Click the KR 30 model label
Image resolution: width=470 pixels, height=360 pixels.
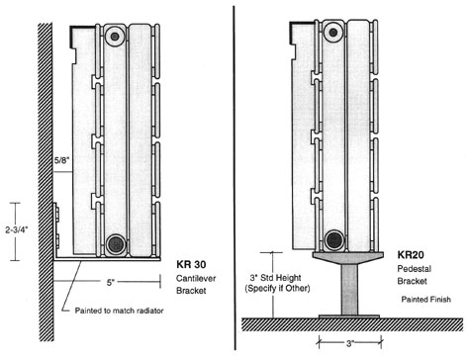click(191, 264)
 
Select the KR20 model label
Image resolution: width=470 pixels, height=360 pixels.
click(411, 255)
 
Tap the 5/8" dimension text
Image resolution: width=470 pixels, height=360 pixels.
click(62, 160)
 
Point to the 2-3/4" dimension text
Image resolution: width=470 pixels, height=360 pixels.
click(17, 229)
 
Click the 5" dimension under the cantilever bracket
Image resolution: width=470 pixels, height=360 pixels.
click(110, 283)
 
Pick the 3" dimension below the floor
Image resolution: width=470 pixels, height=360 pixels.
click(350, 343)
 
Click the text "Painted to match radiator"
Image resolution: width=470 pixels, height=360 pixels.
click(119, 311)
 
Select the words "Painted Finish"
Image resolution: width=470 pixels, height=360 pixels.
click(425, 300)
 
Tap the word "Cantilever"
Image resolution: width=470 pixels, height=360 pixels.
click(196, 278)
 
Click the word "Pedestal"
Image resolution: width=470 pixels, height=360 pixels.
click(414, 269)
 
